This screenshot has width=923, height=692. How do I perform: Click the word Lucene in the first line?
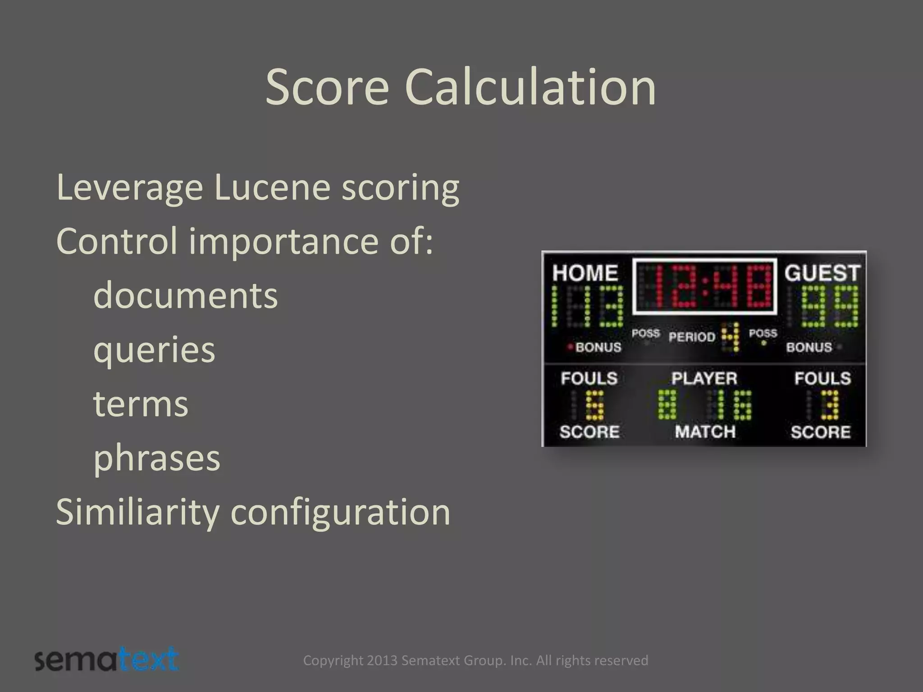point(272,187)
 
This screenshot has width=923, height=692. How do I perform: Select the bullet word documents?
point(185,295)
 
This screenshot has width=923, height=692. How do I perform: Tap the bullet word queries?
point(154,350)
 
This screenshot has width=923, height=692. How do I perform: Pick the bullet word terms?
point(141,404)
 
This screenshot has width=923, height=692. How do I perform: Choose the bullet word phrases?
point(156,458)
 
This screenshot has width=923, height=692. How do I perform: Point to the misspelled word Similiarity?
point(137,512)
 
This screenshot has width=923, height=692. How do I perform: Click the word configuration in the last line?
point(340,512)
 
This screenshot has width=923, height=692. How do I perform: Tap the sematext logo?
point(107,660)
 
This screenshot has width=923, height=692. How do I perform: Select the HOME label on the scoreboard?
point(585,273)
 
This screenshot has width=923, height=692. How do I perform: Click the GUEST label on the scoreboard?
point(822,273)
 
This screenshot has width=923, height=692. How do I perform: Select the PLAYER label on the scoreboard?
point(704,378)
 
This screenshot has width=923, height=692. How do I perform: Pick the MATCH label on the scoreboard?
point(705,432)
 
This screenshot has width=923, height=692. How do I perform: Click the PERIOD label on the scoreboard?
point(692,337)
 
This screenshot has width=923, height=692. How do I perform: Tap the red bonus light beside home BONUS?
point(570,347)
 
